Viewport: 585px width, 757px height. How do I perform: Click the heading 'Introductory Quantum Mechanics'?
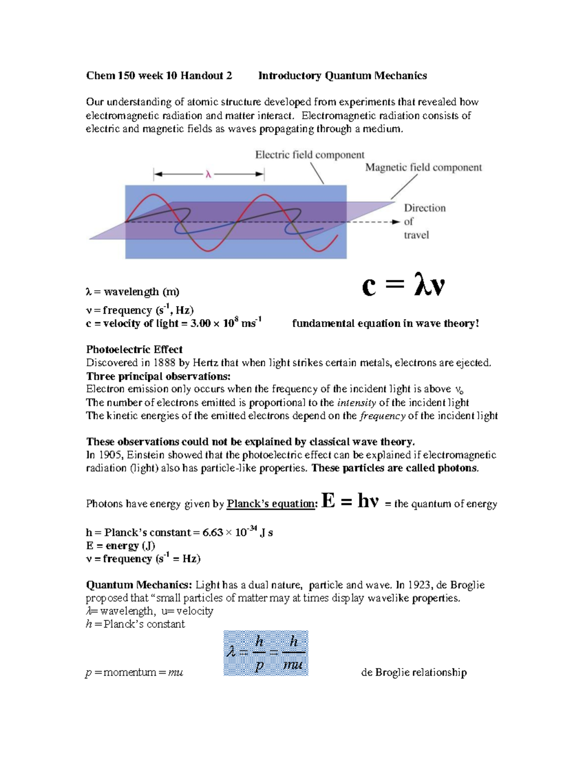342,76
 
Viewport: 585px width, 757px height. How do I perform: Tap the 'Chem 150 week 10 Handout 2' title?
159,76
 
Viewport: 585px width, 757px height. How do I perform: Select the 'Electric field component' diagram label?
310,155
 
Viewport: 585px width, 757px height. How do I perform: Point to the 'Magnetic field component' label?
423,168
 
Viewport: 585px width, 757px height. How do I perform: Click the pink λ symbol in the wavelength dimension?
208,175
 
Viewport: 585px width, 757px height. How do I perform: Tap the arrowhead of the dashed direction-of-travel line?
396,222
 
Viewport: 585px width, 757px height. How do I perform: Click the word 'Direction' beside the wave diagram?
425,208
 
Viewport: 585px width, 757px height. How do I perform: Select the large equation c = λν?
403,286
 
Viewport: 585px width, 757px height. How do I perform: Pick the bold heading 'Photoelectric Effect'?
134,349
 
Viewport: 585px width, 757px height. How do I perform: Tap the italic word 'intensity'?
356,403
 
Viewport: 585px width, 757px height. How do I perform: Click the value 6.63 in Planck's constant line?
213,533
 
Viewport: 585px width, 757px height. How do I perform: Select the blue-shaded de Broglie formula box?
266,653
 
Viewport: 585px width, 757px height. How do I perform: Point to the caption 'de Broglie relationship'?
413,673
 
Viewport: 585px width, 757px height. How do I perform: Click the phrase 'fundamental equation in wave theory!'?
385,324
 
